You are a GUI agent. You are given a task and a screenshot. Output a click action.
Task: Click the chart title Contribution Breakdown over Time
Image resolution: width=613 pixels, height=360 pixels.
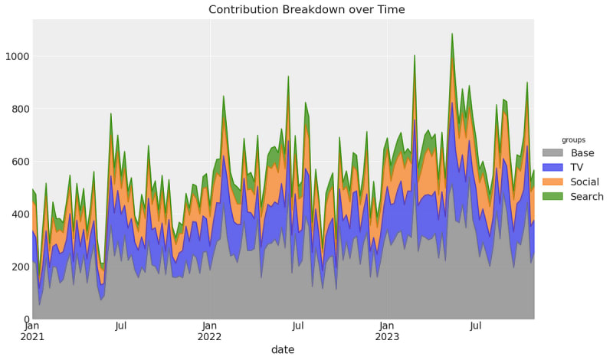point(306,9)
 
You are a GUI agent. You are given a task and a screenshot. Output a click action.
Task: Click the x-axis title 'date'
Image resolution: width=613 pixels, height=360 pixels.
point(283,349)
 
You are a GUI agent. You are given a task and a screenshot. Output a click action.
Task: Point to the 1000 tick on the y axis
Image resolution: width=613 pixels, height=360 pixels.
point(17,56)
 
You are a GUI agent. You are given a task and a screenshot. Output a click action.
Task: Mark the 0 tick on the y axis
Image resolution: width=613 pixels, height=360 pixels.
point(27,319)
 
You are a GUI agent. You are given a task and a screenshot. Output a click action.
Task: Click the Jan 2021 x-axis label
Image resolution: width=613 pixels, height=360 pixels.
point(32,331)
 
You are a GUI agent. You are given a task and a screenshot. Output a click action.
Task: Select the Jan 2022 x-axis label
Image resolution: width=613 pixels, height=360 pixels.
point(209,331)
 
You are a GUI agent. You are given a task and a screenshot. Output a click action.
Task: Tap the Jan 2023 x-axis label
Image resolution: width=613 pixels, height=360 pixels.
point(387,331)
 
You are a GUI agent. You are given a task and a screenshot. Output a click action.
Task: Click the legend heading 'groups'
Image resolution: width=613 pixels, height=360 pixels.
point(573,140)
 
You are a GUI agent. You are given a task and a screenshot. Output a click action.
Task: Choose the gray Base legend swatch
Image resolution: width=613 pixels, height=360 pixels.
point(552,152)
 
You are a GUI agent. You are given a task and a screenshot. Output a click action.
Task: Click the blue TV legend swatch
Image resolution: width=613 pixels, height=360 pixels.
point(552,167)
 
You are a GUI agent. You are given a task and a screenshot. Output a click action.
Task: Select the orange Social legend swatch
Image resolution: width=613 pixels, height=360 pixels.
point(552,182)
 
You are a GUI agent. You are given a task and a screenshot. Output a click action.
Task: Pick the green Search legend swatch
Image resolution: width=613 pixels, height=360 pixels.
point(552,196)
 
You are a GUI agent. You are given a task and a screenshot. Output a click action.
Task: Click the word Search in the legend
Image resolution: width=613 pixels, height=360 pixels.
point(587,196)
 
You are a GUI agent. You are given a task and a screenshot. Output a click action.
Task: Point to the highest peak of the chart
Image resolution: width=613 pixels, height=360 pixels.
point(452,34)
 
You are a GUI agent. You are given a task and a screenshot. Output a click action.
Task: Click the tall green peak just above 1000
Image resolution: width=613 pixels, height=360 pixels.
point(415,55)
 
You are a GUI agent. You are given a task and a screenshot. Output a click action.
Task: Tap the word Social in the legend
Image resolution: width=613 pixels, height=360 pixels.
point(585,182)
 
